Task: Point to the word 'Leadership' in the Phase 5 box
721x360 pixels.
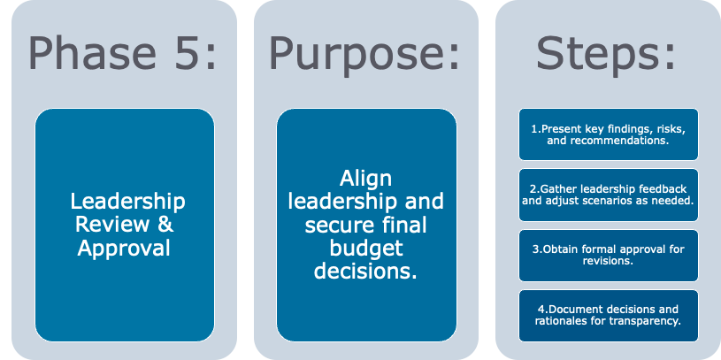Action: click(128, 202)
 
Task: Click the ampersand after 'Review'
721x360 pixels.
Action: click(165, 225)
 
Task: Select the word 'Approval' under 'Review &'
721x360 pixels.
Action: click(124, 249)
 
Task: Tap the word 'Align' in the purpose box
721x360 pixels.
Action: click(366, 178)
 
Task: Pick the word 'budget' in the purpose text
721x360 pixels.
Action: click(366, 248)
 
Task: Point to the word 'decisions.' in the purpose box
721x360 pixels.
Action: click(366, 272)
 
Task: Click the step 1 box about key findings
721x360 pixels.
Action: click(608, 134)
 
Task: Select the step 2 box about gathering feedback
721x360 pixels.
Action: click(608, 195)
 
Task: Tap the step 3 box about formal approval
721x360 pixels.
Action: click(608, 255)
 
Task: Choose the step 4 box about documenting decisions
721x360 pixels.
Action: click(608, 315)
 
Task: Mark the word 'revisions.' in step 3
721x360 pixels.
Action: click(609, 261)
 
